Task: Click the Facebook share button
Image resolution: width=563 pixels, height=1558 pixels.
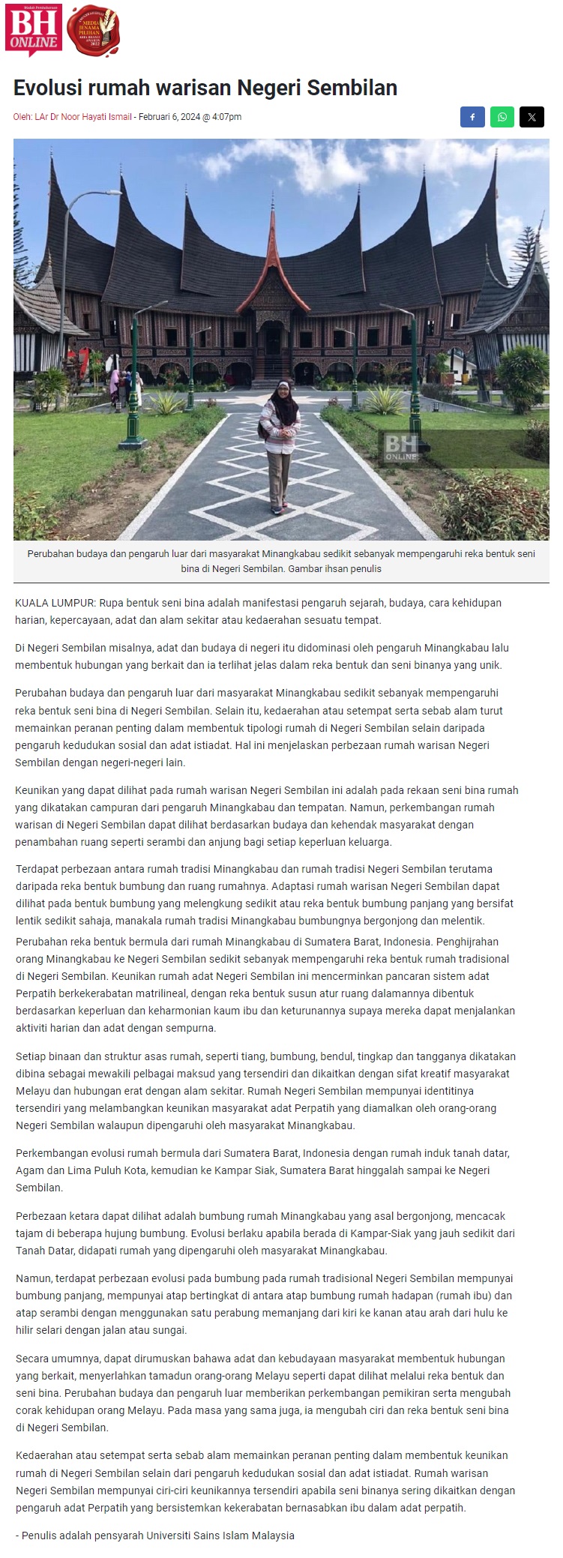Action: [472, 117]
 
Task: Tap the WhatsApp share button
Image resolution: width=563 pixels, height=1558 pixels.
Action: [502, 117]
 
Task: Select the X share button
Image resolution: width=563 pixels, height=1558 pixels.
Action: [532, 117]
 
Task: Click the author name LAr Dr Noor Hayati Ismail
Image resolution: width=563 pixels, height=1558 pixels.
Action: [83, 117]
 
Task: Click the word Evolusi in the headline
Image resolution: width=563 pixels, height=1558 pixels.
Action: [47, 88]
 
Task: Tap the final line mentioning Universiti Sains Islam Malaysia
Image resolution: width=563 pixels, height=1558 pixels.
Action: [155, 1535]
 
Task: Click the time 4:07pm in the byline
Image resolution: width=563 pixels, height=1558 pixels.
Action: [226, 117]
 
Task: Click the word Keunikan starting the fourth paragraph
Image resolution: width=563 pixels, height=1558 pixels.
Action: [38, 790]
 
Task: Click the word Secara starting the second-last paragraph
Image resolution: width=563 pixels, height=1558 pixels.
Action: [32, 1359]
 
